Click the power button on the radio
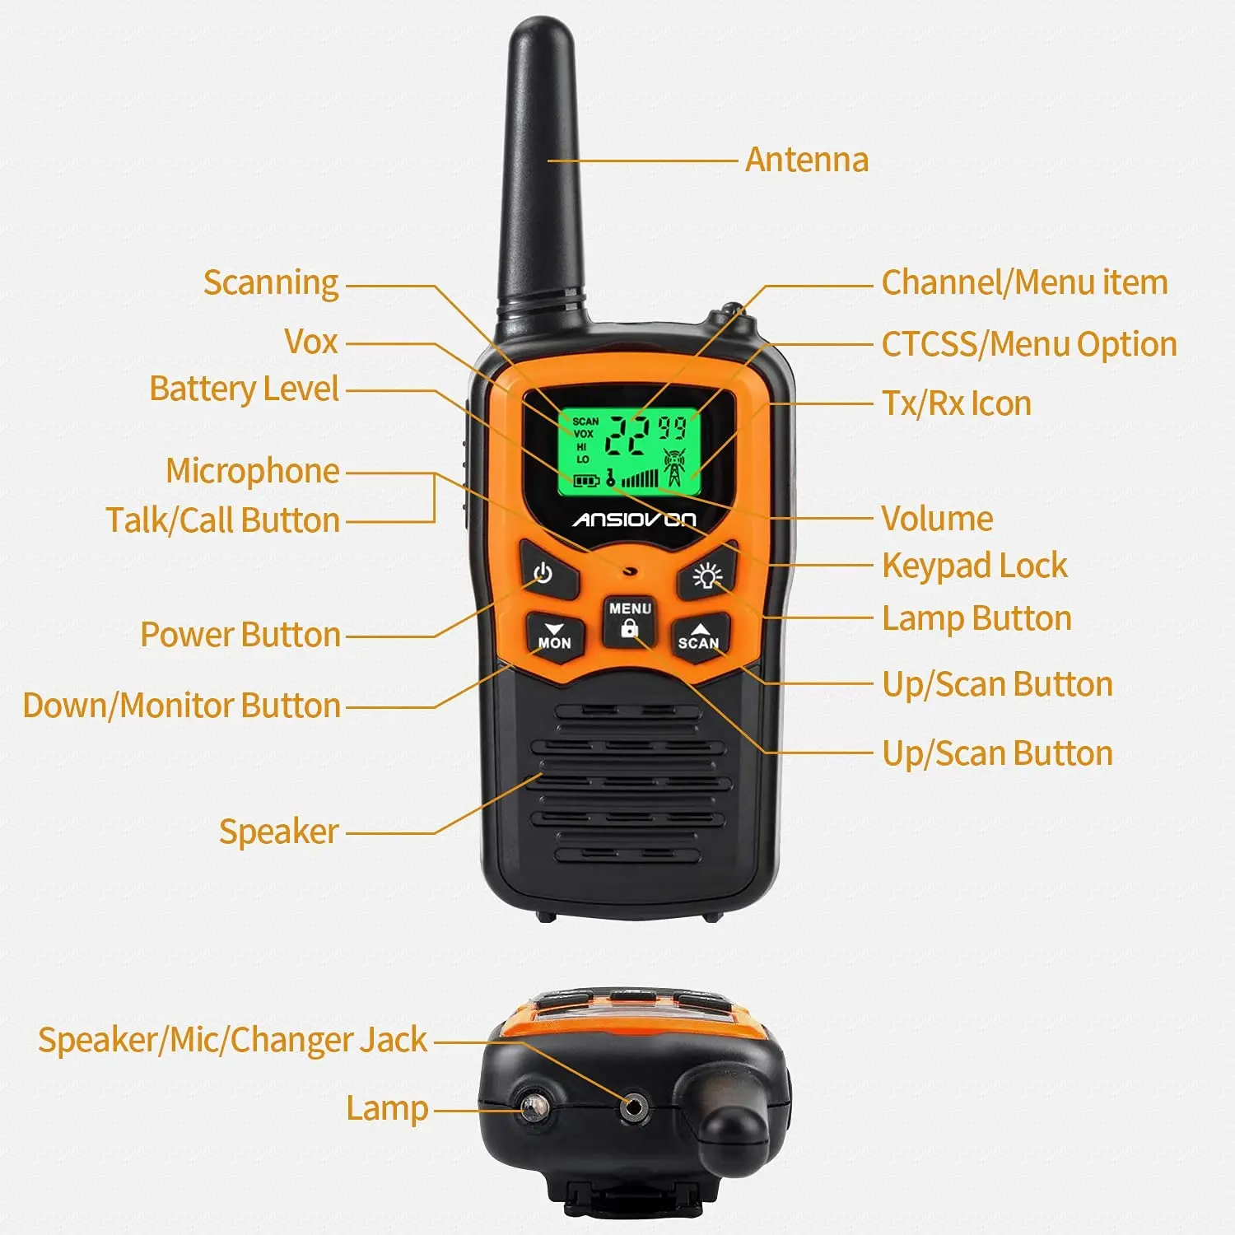point(544,572)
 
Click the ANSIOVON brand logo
point(634,520)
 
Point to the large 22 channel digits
point(628,435)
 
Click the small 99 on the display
point(673,427)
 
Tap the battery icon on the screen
point(585,480)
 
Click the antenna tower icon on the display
point(673,468)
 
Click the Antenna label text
point(806,160)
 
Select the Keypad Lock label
point(974,566)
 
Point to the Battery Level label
point(244,389)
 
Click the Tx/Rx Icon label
point(956,403)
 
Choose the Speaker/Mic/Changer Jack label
point(232,1040)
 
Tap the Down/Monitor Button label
point(181,706)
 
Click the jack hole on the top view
point(632,1108)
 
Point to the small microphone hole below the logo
point(631,570)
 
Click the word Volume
point(936,519)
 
